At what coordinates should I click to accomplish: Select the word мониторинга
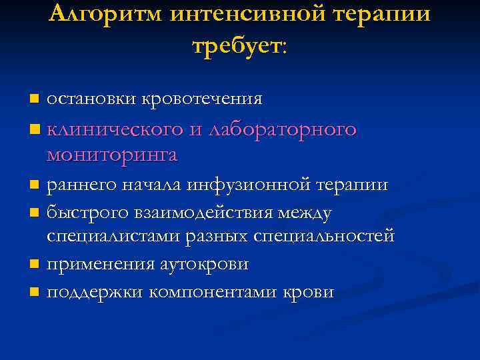(111, 155)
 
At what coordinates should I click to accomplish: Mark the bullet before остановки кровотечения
(35, 99)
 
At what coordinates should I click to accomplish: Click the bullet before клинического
(35, 128)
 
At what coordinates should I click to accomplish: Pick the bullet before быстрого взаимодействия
(35, 213)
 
